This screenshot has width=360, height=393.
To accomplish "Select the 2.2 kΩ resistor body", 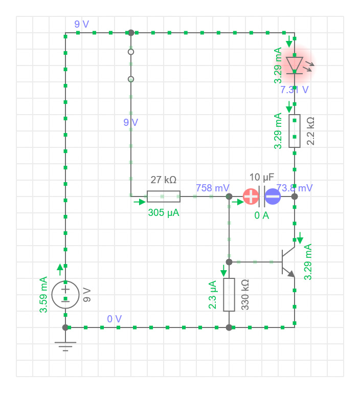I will coord(295,131).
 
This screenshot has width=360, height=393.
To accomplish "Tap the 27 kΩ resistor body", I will coord(164,196).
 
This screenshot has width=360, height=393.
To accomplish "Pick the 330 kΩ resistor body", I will coord(229,295).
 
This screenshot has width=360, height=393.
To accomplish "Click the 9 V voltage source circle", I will coord(65,294).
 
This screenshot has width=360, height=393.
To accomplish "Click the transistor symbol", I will coord(287,262).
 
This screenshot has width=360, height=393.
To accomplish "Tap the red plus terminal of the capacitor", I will coord(251,196).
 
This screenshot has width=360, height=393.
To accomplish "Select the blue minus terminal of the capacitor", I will coord(273,196).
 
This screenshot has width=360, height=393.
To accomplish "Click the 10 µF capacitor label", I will coord(262,178).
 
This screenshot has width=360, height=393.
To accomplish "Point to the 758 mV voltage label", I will coord(213,188).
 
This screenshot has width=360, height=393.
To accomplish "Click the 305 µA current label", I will coord(164,212).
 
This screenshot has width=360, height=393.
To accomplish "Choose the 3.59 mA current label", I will coord(43,295).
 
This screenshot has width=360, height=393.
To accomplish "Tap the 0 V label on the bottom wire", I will coord(115,319).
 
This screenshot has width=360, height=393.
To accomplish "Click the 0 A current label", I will coord(262,215).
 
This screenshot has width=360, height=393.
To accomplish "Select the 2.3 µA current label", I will coord(213,295).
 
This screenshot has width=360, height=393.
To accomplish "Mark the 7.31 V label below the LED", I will coord(295,90).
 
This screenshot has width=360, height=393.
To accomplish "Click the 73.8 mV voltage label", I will coord(295,188).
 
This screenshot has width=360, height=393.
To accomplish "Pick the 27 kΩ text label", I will coord(164,180).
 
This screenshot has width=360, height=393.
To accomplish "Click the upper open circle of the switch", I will coord(131,52).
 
